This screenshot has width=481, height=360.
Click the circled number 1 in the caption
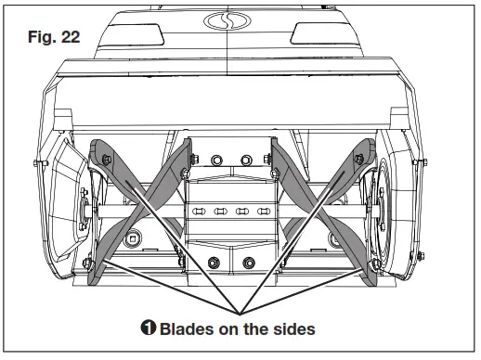pyautogui.click(x=150, y=328)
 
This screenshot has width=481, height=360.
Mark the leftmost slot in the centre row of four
pyautogui.click(x=197, y=211)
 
